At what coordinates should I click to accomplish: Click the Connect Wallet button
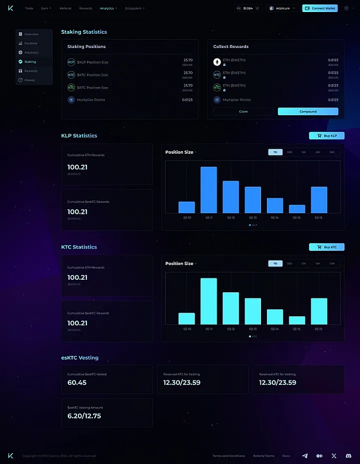320,8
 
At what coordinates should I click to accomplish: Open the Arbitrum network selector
283,8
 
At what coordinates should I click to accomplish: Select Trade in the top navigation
29,8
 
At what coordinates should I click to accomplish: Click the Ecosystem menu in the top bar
135,8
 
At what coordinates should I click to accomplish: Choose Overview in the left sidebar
31,34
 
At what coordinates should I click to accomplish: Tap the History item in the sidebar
29,80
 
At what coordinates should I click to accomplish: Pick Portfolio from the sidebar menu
31,43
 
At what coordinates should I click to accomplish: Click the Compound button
308,112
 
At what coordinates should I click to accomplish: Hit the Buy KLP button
326,136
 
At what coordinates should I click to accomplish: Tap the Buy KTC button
326,247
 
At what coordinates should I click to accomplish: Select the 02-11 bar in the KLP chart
208,190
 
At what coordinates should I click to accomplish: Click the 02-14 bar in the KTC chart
275,317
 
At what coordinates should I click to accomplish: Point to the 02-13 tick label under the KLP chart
253,218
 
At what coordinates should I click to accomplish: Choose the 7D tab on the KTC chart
275,263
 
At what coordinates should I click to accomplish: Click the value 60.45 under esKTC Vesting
77,382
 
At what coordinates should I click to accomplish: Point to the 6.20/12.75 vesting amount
84,415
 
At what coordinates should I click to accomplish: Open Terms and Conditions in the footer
229,456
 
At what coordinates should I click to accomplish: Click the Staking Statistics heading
84,32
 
